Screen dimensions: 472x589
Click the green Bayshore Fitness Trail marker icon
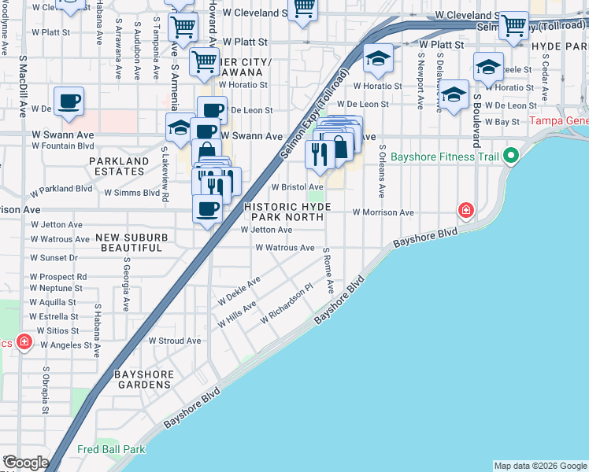point(510,156)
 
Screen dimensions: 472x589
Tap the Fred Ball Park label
point(111,450)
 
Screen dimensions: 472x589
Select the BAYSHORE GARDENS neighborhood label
point(142,379)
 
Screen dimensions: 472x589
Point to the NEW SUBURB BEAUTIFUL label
point(129,242)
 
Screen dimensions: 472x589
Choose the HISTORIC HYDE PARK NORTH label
point(286,212)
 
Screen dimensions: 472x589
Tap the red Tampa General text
point(558,121)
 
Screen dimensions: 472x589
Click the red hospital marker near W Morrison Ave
point(466,210)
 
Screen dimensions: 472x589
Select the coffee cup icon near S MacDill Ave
point(69,101)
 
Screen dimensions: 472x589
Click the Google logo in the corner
point(25,463)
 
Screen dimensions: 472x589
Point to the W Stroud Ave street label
point(175,341)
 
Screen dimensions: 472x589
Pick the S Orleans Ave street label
point(382,170)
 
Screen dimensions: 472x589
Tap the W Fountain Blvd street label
point(62,146)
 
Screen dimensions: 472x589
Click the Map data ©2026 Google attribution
point(540,466)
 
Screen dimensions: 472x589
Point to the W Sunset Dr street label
point(54,257)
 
